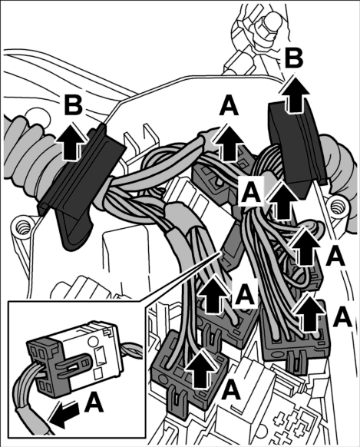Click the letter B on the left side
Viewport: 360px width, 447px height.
(74, 105)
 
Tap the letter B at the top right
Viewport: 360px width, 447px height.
(294, 58)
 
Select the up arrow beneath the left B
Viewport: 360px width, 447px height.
(71, 143)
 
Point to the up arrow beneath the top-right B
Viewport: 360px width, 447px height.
(295, 95)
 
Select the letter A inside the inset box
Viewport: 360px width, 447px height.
(94, 402)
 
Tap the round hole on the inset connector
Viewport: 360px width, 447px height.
(93, 341)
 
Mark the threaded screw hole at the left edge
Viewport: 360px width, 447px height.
(22, 228)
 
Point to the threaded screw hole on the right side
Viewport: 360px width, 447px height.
(339, 206)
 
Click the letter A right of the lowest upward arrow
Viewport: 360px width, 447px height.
(231, 391)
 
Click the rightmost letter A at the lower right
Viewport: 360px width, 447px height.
(342, 316)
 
